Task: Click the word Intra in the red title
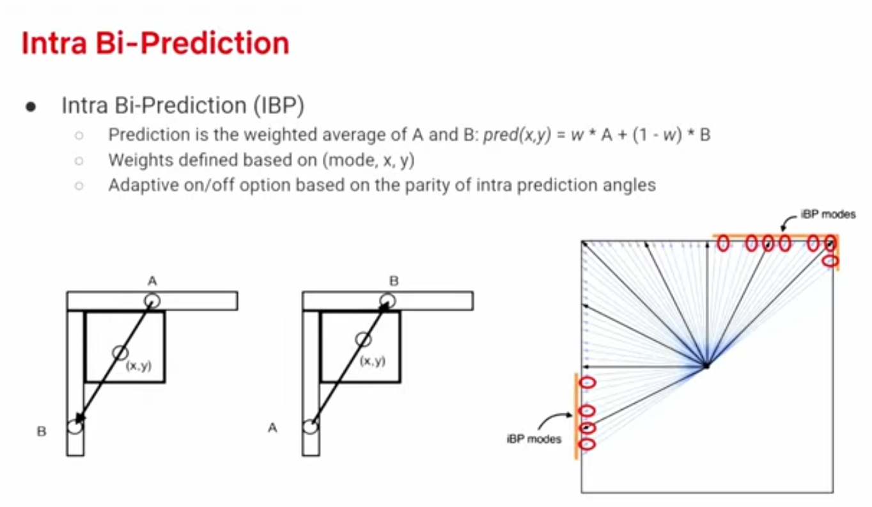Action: pos(54,43)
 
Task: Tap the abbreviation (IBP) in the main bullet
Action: pos(279,105)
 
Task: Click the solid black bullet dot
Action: pos(31,107)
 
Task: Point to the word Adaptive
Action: pos(143,185)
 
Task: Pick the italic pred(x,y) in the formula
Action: pos(517,135)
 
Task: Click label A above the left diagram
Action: pos(152,280)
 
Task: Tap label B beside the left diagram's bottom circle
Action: pos(42,431)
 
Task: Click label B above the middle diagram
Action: pos(394,280)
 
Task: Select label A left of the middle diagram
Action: pos(272,428)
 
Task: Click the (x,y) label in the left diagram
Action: pos(139,366)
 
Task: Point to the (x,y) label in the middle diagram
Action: pos(373,361)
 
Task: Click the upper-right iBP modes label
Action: pos(828,214)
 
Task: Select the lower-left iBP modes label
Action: pos(534,439)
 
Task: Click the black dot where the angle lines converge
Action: pos(706,366)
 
